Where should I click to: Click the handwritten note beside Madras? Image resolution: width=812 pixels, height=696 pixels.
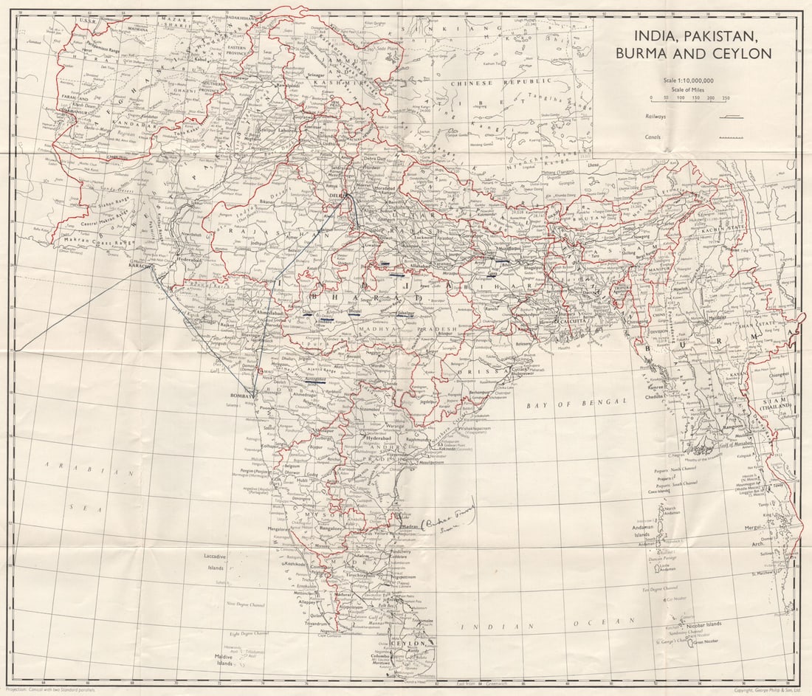pyautogui.click(x=447, y=518)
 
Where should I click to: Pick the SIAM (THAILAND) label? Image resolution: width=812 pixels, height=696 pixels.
pyautogui.click(x=777, y=402)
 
